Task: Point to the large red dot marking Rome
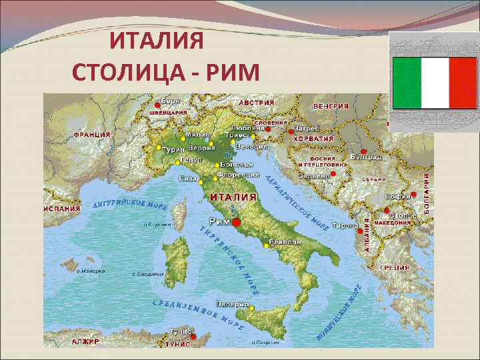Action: point(236,222)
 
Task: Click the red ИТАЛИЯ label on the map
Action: point(233,197)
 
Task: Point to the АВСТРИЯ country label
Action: point(257,103)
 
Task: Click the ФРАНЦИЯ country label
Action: point(92,134)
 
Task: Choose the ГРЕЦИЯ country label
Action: point(394,267)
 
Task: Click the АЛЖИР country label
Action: point(85,341)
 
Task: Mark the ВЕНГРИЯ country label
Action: point(331,106)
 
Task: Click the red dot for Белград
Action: point(362,152)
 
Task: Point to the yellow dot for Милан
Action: point(183,139)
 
